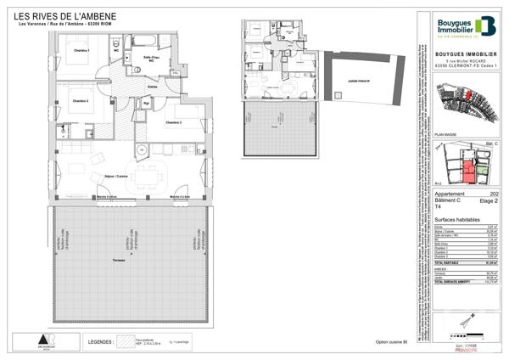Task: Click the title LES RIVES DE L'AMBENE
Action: (67, 16)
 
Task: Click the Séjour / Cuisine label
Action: (116, 176)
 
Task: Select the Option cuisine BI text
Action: (393, 342)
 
